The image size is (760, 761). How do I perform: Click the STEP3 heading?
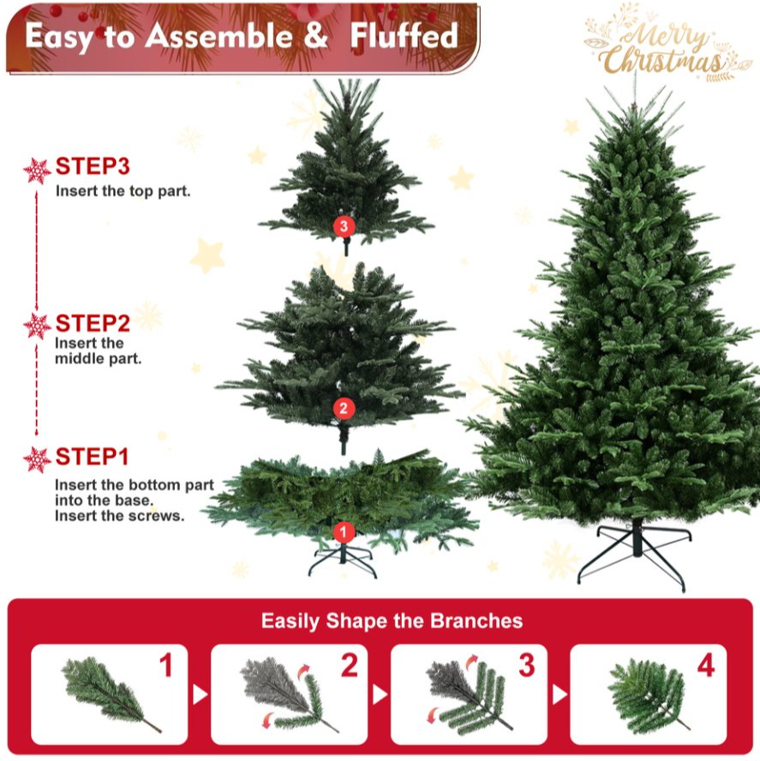pyautogui.click(x=93, y=166)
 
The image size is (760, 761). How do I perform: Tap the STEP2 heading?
pyautogui.click(x=93, y=323)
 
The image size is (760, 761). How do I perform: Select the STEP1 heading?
pyautogui.click(x=93, y=457)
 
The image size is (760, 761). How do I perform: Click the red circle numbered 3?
pyautogui.click(x=344, y=226)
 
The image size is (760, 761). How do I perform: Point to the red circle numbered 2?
pyautogui.click(x=344, y=408)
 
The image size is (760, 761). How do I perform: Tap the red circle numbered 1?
pyautogui.click(x=344, y=532)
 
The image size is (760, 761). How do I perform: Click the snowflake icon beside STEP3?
pyautogui.click(x=37, y=171)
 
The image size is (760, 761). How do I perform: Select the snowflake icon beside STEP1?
pyautogui.click(x=37, y=459)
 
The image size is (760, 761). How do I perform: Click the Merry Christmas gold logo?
pyautogui.click(x=661, y=43)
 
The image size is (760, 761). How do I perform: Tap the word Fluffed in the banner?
pyautogui.click(x=404, y=36)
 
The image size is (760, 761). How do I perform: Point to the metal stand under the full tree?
pyautogui.click(x=635, y=554)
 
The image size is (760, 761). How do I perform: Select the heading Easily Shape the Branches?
pyautogui.click(x=392, y=620)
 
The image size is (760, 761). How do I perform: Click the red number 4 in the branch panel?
pyautogui.click(x=706, y=665)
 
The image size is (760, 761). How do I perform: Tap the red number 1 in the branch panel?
pyautogui.click(x=166, y=665)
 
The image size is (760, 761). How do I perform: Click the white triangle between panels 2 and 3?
pyautogui.click(x=380, y=694)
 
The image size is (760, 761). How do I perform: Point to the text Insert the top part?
pyautogui.click(x=123, y=191)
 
